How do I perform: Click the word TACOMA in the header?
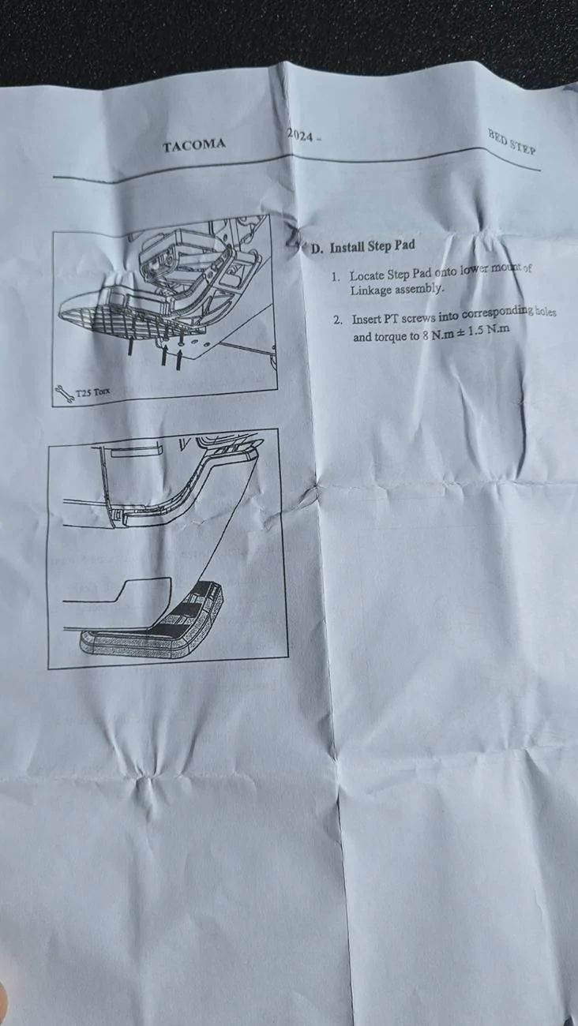(194, 145)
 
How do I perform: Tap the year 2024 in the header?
(300, 136)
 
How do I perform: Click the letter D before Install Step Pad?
(317, 249)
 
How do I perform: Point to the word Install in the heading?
(347, 247)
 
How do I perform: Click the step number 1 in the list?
(336, 277)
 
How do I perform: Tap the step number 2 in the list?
(338, 320)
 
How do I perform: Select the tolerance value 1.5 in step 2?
(477, 331)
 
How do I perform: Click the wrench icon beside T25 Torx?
(64, 395)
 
